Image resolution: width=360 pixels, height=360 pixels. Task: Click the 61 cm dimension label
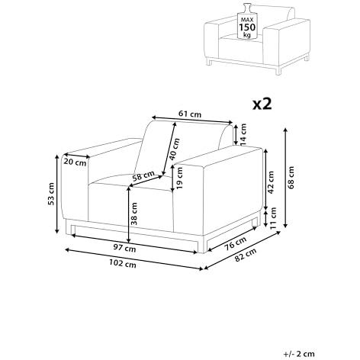click(190, 114)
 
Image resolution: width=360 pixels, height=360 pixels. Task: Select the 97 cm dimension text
click(124, 248)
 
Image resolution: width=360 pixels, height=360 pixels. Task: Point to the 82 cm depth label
click(246, 255)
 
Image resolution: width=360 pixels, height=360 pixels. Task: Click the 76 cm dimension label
click(236, 243)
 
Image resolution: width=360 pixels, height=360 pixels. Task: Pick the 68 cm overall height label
click(291, 178)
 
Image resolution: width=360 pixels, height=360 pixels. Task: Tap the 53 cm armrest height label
click(51, 194)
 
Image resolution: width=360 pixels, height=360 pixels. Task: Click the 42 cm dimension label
click(271, 182)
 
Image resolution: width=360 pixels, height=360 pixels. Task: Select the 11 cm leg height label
click(273, 218)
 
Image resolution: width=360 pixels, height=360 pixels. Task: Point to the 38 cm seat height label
click(133, 214)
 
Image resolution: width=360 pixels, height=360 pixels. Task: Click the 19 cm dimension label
click(179, 178)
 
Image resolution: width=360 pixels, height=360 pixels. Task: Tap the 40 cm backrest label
click(175, 149)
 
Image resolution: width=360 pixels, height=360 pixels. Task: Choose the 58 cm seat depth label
click(143, 176)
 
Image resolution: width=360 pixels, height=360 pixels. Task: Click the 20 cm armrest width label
click(75, 162)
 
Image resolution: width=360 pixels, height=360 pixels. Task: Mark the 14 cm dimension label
click(243, 135)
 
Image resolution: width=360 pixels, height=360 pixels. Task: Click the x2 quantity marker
click(262, 104)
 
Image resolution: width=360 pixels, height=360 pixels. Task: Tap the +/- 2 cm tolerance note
click(299, 354)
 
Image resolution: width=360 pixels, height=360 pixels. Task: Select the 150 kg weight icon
click(247, 21)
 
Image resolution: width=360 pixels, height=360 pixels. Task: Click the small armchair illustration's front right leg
click(278, 71)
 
